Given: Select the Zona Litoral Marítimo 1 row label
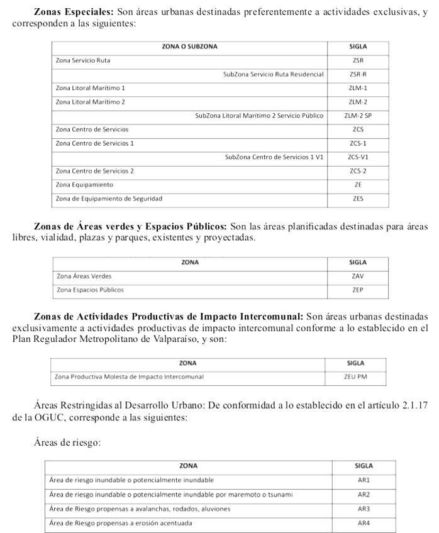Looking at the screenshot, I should point(90,88).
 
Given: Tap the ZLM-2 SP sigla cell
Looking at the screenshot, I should point(358,116).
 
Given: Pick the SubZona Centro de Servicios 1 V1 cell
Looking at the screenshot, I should point(274,157).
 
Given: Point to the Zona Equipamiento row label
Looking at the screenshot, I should point(84,185).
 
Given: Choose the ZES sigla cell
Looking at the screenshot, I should point(358,199).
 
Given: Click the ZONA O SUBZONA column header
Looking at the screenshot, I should point(189,47).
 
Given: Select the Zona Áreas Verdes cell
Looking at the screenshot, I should point(84,276).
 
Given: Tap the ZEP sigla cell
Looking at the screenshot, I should point(358,290).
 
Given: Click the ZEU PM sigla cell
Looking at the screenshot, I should point(355,377).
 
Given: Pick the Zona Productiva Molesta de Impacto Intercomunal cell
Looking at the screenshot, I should point(129,377).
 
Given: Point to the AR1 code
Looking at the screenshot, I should point(364,480).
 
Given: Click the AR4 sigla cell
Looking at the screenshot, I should point(364,523).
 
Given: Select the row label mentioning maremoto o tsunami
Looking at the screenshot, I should point(171,495).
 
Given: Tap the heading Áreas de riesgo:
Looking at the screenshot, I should point(67,442).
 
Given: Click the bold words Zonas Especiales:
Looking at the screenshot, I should point(74,12).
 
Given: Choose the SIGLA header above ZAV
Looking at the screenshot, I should point(358,262).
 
